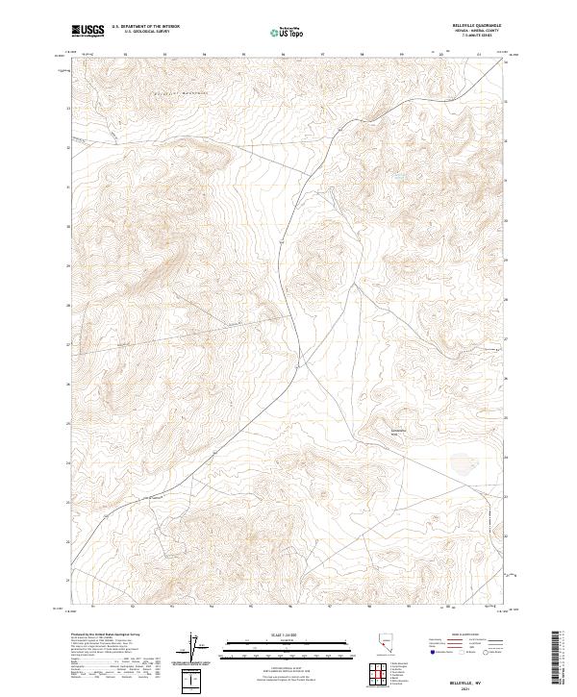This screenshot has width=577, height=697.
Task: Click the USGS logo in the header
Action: pos(88,31)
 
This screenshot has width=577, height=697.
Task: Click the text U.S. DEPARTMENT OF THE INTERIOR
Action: pos(145,27)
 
